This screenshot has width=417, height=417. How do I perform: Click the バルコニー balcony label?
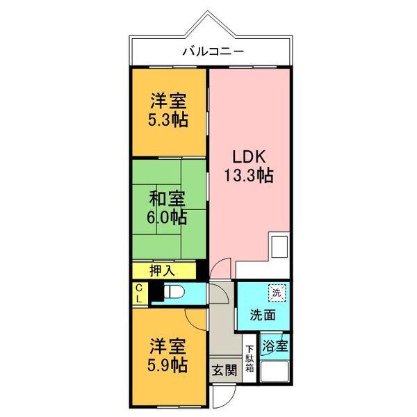(x=213, y=51)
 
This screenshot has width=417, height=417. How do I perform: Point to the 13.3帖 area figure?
(x=247, y=175)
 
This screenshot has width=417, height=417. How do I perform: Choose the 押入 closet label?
(x=162, y=270)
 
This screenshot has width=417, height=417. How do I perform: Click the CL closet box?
(x=139, y=293)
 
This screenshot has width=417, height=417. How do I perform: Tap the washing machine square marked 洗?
(x=277, y=293)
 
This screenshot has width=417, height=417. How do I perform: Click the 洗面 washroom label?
(x=263, y=314)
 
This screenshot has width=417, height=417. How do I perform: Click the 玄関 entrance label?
(x=224, y=368)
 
